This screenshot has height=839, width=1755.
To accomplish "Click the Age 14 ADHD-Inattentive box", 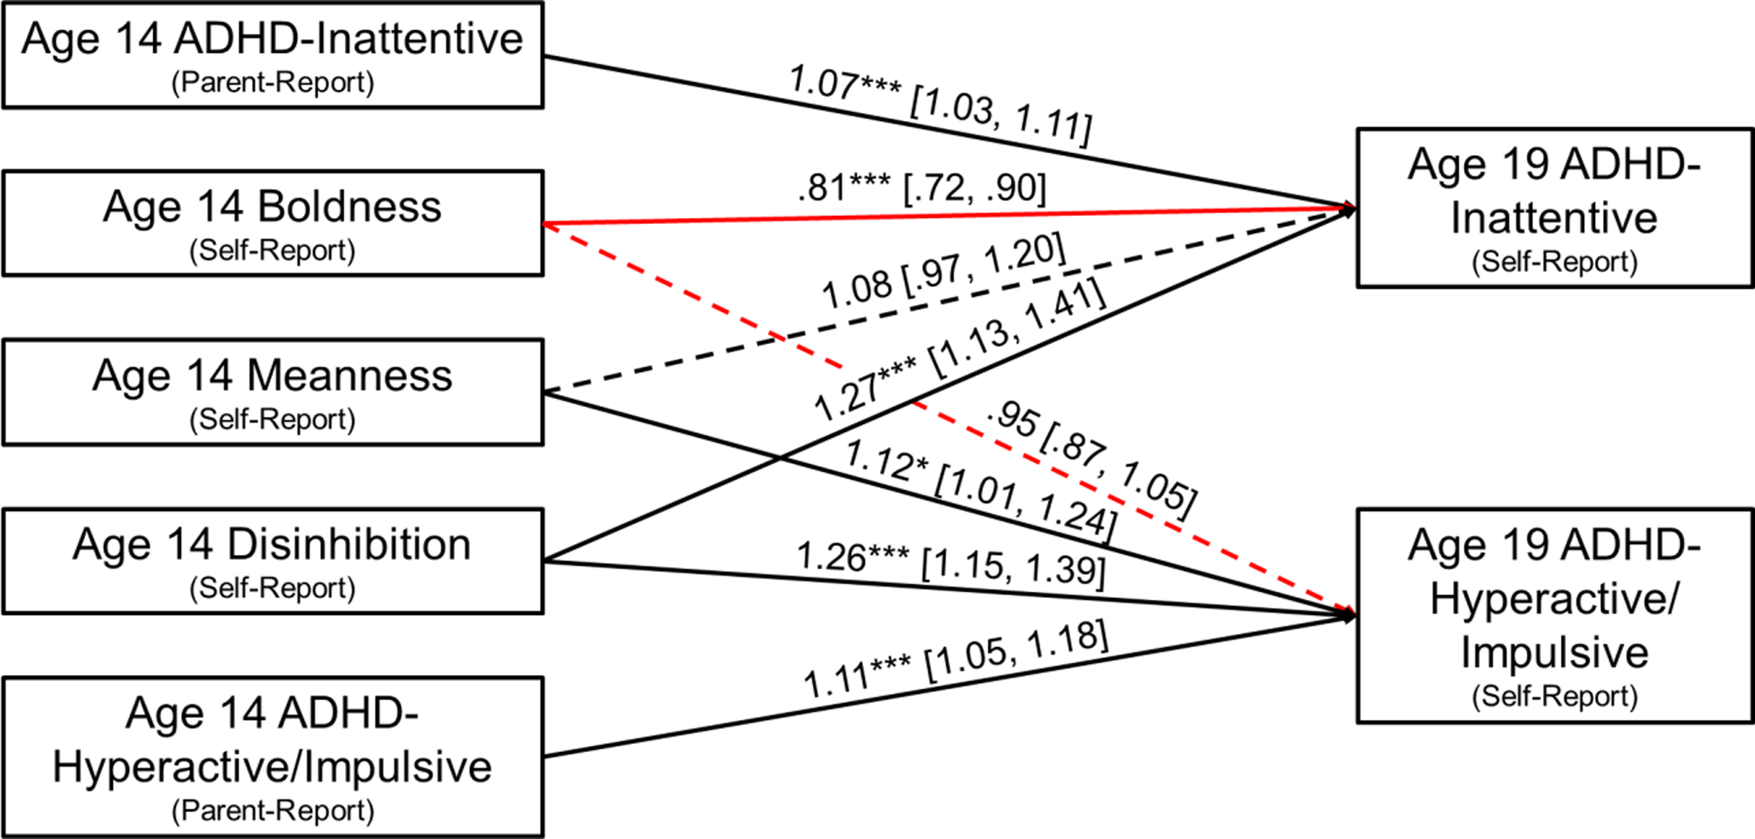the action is click(x=273, y=55).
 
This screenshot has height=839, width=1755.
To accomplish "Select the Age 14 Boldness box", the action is click(x=273, y=223).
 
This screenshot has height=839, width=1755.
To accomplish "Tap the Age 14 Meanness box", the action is click(x=273, y=392).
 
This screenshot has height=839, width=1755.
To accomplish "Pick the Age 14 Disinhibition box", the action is click(x=273, y=561).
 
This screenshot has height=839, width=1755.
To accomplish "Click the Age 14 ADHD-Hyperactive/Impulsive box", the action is click(x=273, y=757).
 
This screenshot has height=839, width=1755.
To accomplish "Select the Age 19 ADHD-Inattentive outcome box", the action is click(x=1554, y=208).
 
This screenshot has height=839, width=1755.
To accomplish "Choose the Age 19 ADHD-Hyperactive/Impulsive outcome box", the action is click(x=1554, y=616).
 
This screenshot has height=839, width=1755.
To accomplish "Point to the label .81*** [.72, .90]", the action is click(x=922, y=188).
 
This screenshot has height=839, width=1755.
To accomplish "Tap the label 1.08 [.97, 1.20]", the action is click(x=943, y=271).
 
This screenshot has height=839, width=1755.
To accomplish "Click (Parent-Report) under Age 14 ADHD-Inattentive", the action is click(x=273, y=82).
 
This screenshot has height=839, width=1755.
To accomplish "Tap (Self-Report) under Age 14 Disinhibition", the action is click(x=273, y=588).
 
